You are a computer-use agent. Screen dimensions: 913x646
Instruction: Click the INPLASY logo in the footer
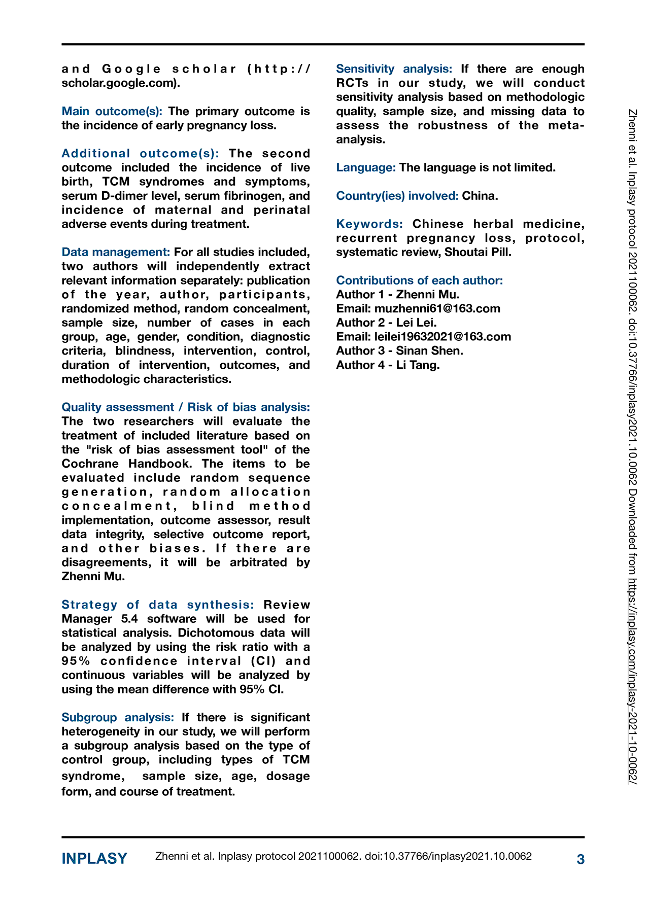pos(94,859)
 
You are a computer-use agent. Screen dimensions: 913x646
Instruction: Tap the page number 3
pos(581,859)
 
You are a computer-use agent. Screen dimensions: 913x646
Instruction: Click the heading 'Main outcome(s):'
pos(112,112)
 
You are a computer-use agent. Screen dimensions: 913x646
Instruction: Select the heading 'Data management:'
pos(116,252)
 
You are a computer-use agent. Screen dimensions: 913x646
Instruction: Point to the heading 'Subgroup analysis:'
pos(118,717)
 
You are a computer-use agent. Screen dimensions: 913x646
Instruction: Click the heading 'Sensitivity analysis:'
pos(394,69)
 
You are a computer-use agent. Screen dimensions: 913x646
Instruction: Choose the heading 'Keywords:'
pos(369,224)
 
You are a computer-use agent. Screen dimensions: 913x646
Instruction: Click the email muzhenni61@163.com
pos(437,308)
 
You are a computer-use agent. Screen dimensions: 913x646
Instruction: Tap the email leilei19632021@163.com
pos(443,337)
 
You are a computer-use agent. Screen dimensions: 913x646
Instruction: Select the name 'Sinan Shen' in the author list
pos(429,350)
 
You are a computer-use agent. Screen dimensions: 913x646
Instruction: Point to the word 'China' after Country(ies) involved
pos(479,196)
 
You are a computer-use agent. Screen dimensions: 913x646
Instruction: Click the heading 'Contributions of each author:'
pos(419,280)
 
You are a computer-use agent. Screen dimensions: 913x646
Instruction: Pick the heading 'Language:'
pos(366,167)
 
